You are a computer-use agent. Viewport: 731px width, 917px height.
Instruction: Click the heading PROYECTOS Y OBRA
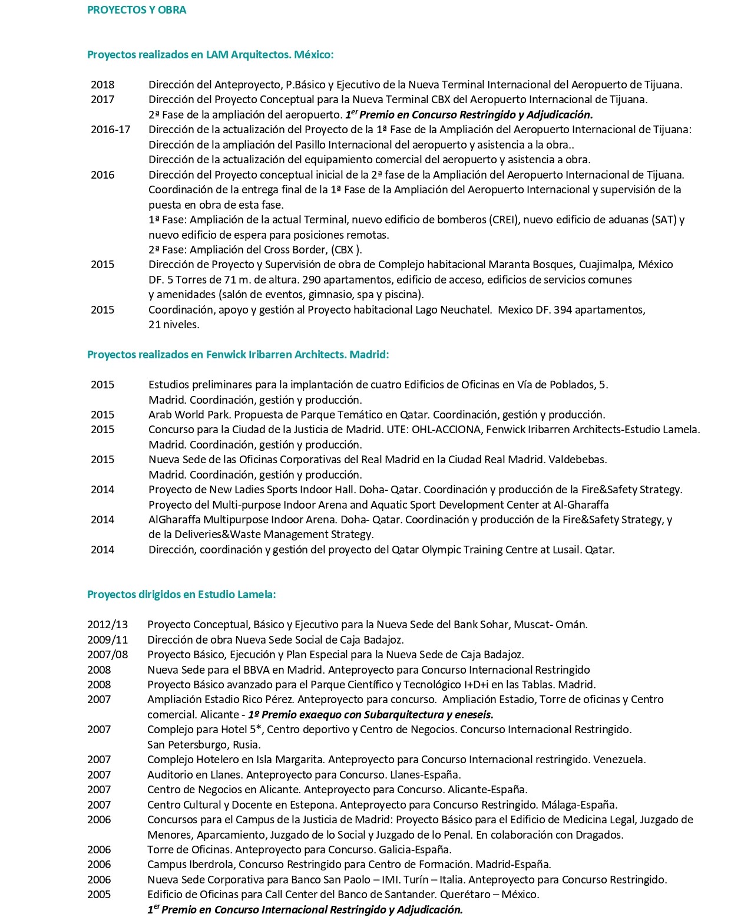136,10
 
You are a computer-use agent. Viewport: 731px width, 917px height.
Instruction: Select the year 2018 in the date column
102,85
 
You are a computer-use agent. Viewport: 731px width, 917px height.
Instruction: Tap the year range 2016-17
110,130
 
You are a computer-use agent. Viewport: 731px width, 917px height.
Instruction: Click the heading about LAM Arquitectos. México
210,55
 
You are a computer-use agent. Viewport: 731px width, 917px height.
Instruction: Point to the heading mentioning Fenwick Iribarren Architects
238,355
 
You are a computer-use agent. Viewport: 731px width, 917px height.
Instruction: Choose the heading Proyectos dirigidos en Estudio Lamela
181,594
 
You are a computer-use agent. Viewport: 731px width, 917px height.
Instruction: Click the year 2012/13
107,625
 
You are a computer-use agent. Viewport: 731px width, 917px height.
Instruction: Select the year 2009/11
107,639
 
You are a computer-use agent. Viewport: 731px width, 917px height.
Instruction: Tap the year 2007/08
107,655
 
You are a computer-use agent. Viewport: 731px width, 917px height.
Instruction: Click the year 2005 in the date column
99,895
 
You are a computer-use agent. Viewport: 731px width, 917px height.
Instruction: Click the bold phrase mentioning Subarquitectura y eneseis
371,715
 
